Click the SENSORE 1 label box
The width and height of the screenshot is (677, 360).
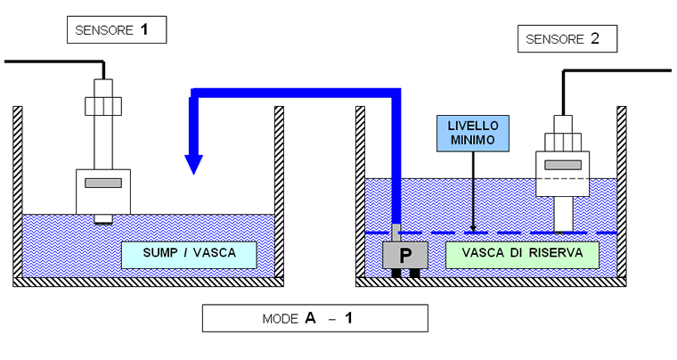click(117, 30)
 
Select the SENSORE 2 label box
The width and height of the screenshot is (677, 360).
click(567, 38)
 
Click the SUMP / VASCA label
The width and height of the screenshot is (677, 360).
click(189, 254)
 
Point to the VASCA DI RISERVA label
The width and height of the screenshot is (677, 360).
click(521, 253)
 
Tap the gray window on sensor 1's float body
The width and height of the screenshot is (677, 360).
click(102, 183)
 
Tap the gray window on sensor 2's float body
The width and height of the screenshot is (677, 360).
click(562, 165)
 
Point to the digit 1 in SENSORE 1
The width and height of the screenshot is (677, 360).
click(142, 30)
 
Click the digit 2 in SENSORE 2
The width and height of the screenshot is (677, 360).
click(594, 38)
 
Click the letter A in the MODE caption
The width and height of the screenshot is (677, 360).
click(311, 318)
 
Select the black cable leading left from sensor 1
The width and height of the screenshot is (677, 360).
click(53, 61)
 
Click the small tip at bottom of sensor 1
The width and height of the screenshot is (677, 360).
click(103, 218)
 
